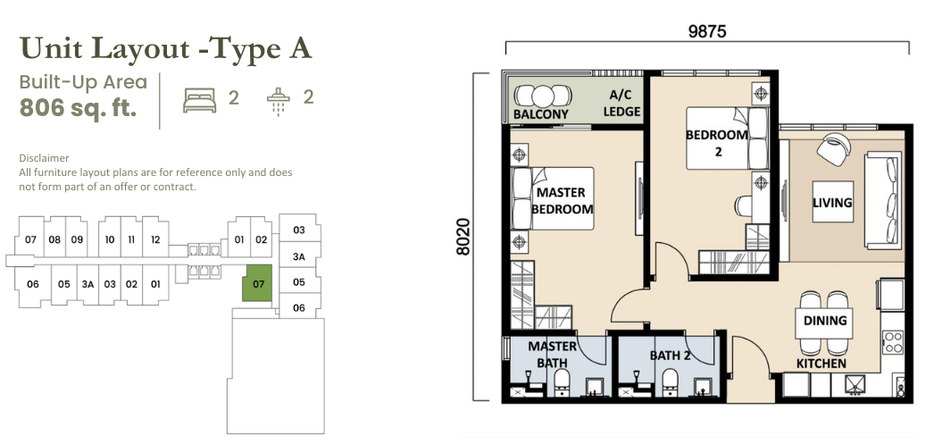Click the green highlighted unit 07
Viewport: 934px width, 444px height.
tap(257, 283)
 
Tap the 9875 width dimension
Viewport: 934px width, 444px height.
tap(707, 31)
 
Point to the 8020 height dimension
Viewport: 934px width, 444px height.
tap(463, 237)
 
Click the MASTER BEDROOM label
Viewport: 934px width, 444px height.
tap(562, 201)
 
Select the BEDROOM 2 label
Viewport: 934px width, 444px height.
tap(717, 143)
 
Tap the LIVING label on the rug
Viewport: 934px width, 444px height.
tap(832, 203)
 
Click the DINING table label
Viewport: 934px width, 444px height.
tap(825, 321)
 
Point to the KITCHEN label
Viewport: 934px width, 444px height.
tap(821, 364)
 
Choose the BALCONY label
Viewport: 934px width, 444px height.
tap(541, 113)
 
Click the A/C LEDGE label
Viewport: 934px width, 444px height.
tap(621, 103)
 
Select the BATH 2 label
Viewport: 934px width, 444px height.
tap(670, 356)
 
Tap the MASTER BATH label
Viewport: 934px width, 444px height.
tap(552, 355)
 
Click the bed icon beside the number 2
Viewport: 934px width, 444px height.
tap(199, 100)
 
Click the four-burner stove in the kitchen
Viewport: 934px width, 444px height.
tap(893, 343)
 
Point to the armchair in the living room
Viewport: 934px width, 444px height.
tap(833, 148)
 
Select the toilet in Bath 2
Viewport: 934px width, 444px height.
tap(670, 382)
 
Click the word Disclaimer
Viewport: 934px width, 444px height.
tap(44, 158)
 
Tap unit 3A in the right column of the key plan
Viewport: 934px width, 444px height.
tap(299, 257)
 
